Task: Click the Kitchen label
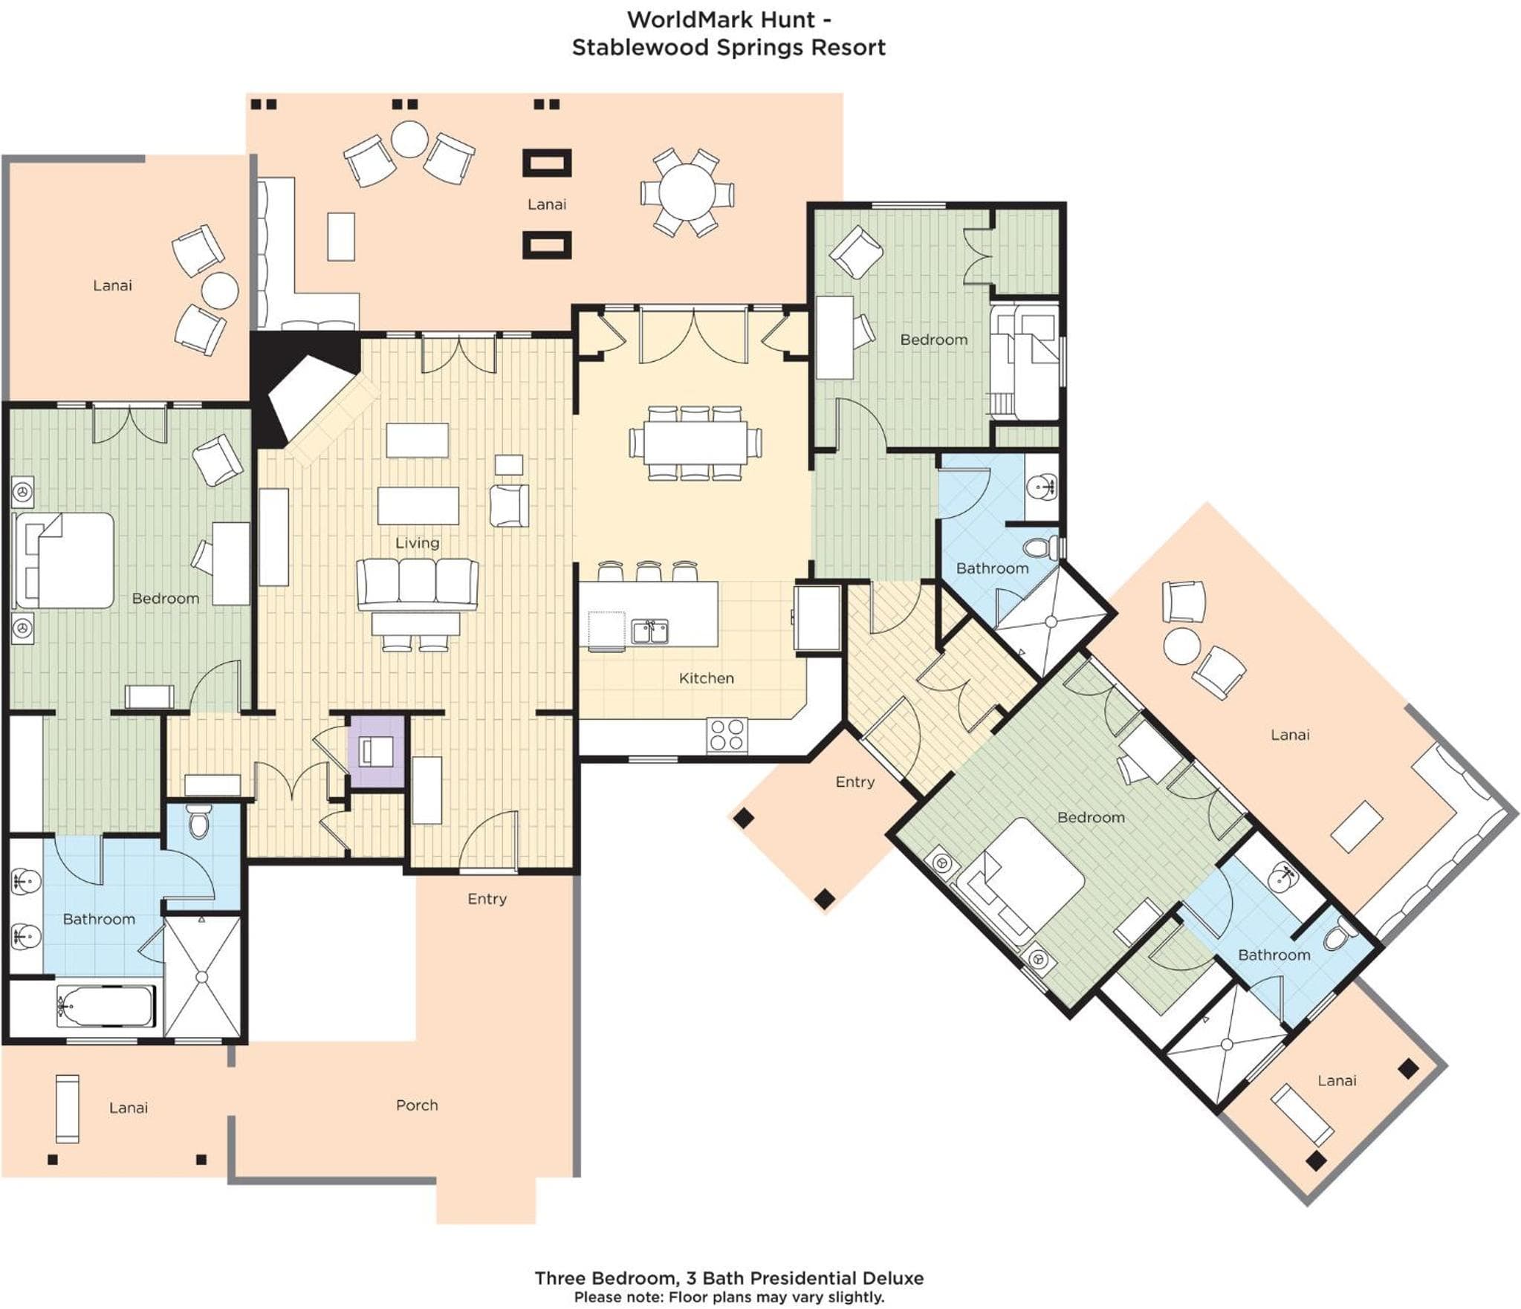(x=706, y=678)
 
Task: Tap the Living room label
(x=417, y=543)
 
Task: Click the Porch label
(x=417, y=1105)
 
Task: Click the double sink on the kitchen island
(x=650, y=631)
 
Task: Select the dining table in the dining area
(x=695, y=443)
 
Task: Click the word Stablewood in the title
(x=640, y=48)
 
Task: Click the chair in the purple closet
(x=377, y=751)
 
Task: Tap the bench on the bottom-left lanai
(x=68, y=1108)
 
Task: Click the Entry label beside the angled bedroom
(x=854, y=782)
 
